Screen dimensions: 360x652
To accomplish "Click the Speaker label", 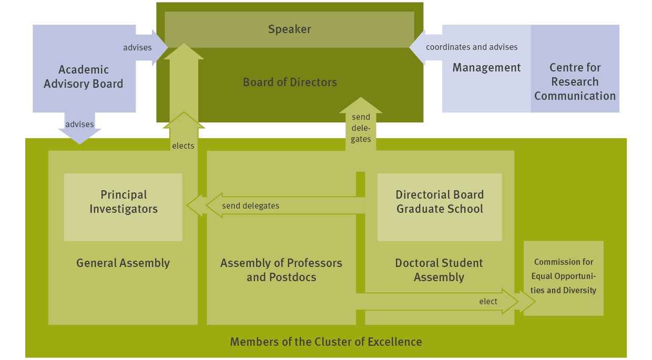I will (289, 29).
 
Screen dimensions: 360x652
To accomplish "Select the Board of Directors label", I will (290, 83).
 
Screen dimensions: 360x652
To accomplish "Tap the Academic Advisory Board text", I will (83, 77).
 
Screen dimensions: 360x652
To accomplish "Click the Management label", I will (486, 68).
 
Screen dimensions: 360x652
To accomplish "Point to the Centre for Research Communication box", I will (575, 81).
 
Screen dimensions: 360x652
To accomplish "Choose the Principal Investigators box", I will (123, 202).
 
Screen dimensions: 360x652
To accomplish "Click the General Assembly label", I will (123, 263).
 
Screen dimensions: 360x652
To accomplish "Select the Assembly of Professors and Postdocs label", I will (281, 270).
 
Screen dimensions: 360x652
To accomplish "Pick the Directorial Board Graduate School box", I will (440, 202).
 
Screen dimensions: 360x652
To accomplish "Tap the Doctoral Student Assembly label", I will (439, 270).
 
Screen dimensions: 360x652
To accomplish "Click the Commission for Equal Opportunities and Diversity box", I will (564, 276).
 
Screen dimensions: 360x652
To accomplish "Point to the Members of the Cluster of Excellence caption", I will (326, 342).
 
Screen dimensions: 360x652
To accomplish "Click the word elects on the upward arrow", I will (183, 146).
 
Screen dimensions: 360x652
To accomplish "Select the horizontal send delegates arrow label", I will (250, 206).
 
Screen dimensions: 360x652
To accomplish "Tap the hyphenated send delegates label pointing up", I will (361, 128).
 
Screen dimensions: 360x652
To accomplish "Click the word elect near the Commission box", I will (488, 302).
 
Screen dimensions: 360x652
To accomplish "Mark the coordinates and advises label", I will (472, 47).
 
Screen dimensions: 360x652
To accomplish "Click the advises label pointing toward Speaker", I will (137, 48).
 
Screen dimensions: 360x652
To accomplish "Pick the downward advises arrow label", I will (79, 125).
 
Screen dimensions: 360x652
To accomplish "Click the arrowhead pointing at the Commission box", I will (526, 302).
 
